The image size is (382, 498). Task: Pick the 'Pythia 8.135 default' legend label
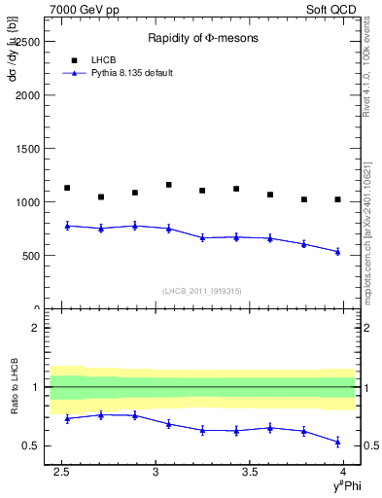click(132, 73)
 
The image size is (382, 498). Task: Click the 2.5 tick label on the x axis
click(60, 472)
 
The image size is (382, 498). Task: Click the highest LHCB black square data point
click(169, 185)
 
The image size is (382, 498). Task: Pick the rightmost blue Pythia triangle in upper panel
click(337, 252)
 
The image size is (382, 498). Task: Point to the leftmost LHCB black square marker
click(67, 188)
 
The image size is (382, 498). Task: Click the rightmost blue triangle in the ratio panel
click(337, 442)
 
